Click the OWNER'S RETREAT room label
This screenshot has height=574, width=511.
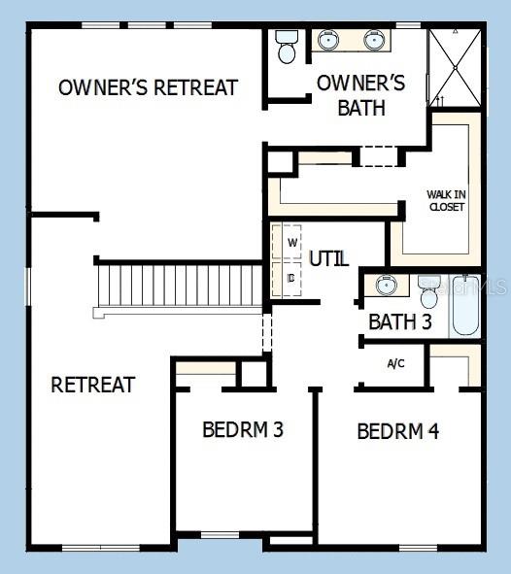pos(148,87)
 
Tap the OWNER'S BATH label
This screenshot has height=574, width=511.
pos(361,95)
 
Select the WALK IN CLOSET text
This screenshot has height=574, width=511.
pos(446,200)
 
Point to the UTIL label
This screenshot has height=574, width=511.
pos(328,258)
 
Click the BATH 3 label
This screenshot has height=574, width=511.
pos(400,321)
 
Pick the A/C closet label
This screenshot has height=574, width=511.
pos(396,364)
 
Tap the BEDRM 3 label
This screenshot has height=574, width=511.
pos(243,429)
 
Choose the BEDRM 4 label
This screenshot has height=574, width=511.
pos(397,431)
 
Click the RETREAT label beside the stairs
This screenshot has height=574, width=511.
pos(92,385)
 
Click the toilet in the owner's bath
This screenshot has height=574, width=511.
pos(287,47)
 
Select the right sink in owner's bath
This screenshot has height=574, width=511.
pos(376,41)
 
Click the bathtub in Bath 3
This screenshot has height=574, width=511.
pos(465,306)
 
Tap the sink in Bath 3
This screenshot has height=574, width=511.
pos(387,285)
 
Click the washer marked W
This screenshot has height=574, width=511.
pos(291,242)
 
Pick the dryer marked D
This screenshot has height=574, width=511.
pos(291,277)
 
